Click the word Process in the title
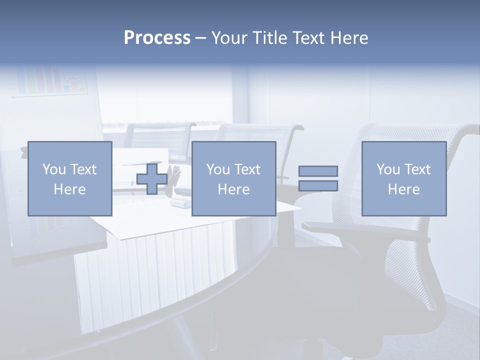click(x=157, y=38)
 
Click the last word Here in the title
click(x=348, y=38)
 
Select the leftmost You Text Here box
click(x=70, y=178)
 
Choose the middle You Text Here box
click(x=233, y=178)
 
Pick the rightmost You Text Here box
click(x=403, y=178)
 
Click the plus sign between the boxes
click(x=152, y=178)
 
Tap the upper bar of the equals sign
click(x=318, y=171)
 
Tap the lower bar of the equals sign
click(x=318, y=186)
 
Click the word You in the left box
click(x=53, y=169)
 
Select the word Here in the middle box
click(x=233, y=189)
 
